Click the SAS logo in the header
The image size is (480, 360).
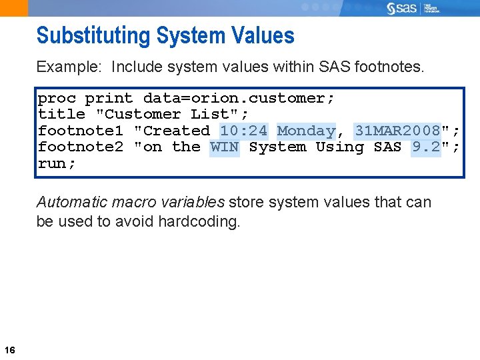coord(402,8)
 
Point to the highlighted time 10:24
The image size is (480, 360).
coord(243,131)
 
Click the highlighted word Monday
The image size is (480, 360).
coord(306,131)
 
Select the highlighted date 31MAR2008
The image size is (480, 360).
coord(397,131)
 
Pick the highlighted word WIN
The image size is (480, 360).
coord(224,147)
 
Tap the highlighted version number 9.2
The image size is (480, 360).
coord(426,147)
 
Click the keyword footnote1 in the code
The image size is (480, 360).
coord(81,131)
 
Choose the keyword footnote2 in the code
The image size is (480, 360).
coord(81,147)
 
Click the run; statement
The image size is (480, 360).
coord(57,163)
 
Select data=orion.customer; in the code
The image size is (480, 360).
coord(239,98)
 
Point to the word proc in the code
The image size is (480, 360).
coord(57,98)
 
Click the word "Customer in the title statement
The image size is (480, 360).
coord(138,114)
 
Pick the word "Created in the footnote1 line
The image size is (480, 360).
coord(172,131)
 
